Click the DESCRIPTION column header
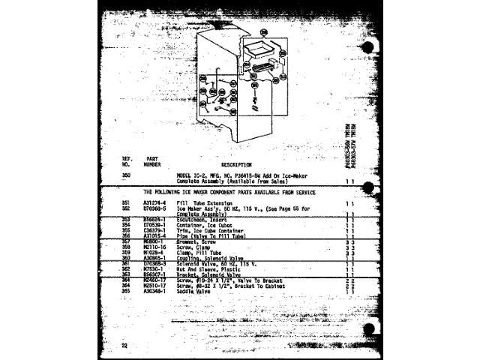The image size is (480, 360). (236, 164)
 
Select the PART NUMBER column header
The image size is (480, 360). (152, 161)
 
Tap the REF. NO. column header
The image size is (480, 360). (126, 161)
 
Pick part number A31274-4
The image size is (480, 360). (153, 202)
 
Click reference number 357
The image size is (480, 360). (126, 240)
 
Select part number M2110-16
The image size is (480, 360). (153, 246)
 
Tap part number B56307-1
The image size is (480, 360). (153, 274)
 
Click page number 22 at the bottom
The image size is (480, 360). (125, 344)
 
